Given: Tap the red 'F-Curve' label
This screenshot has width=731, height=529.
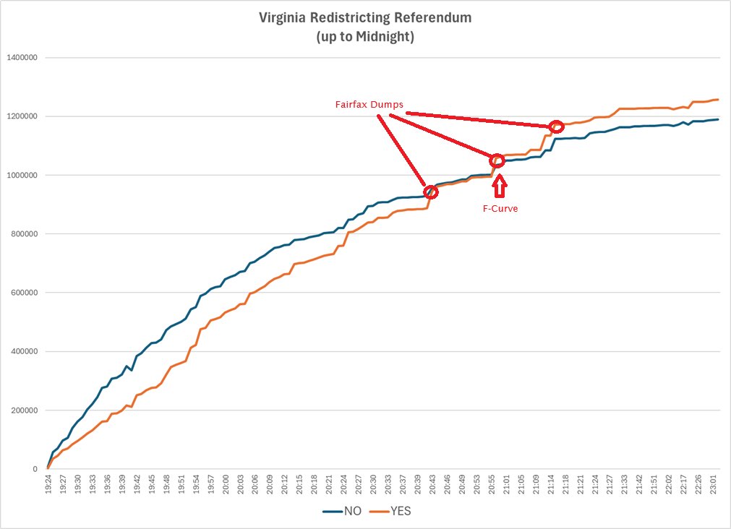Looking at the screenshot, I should (x=500, y=208).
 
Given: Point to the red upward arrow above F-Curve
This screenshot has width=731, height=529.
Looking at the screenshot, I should (x=499, y=186).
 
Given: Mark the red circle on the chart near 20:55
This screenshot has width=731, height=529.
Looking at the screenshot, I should (x=497, y=160).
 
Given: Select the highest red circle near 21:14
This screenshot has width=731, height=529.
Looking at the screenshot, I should (x=556, y=126).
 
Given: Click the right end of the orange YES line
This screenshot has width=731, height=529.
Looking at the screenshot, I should (x=718, y=100).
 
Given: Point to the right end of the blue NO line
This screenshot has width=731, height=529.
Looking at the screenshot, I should (x=718, y=119).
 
